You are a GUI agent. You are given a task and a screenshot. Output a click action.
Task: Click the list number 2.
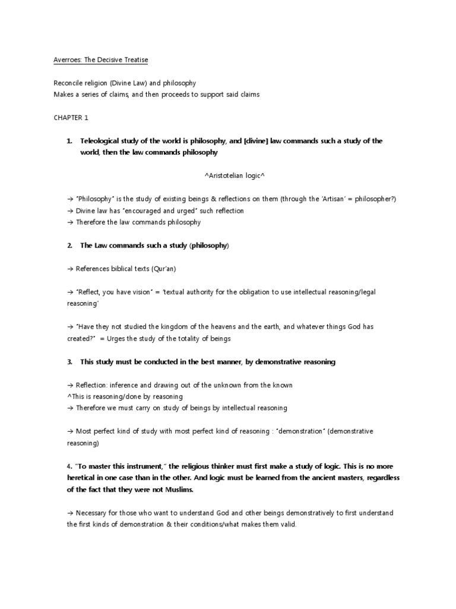[x=69, y=246]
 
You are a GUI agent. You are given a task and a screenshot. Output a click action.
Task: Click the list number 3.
[x=69, y=362]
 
